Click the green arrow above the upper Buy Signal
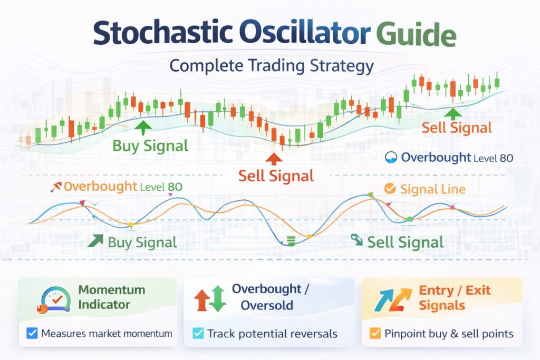tap(142, 126)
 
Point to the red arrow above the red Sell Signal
tap(273, 159)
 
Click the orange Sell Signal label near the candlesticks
tap(457, 128)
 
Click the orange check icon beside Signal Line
tap(390, 189)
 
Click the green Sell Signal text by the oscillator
tap(405, 242)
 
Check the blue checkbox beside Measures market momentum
tap(32, 333)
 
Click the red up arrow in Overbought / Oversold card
tap(201, 300)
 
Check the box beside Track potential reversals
tap(198, 333)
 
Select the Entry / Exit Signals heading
tap(455, 297)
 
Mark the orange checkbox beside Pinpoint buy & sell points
tap(375, 333)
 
